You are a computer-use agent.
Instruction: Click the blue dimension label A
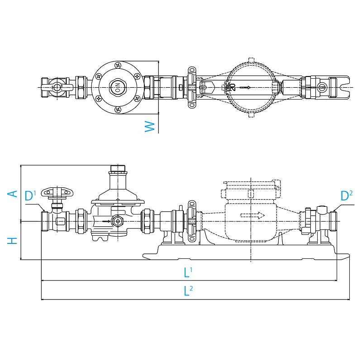click(x=14, y=193)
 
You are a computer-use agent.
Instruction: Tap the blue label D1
click(x=30, y=196)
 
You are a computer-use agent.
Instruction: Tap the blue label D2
click(x=346, y=196)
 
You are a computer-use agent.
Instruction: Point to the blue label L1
click(x=188, y=272)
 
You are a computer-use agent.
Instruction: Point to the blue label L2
click(x=188, y=291)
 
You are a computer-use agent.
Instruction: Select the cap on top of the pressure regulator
click(x=118, y=169)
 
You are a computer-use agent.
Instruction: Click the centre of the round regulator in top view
click(x=117, y=86)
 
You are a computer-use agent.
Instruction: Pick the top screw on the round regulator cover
click(x=118, y=65)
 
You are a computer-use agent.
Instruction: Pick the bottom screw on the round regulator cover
click(x=118, y=108)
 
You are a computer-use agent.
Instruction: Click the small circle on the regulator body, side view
click(x=118, y=221)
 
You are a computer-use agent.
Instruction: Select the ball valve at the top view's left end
click(x=56, y=86)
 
